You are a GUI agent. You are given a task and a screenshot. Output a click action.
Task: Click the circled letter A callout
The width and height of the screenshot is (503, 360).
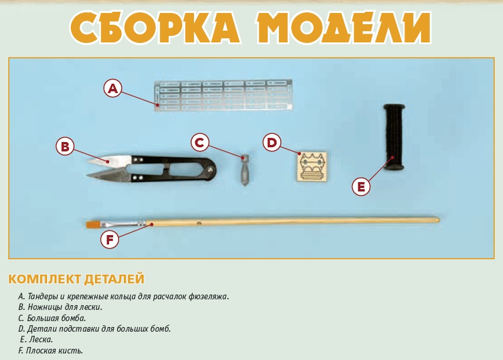(x=113, y=88)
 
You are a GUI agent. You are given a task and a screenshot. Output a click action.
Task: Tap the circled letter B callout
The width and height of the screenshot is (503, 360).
(x=65, y=147)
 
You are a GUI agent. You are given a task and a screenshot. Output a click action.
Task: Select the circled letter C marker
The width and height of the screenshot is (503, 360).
(x=200, y=143)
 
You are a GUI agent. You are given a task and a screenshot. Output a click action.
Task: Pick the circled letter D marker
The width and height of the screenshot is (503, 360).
(x=272, y=143)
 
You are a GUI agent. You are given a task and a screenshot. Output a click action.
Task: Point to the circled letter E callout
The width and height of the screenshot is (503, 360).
(x=361, y=186)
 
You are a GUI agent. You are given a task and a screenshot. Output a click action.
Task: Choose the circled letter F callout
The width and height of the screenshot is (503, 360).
(x=110, y=239)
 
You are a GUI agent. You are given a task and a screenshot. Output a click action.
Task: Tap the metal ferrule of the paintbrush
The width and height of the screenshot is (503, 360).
(x=123, y=223)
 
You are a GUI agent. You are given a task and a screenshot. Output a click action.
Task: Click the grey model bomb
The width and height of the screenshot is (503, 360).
(x=245, y=170)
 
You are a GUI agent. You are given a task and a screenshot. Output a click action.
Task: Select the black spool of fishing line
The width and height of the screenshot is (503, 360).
(x=394, y=137)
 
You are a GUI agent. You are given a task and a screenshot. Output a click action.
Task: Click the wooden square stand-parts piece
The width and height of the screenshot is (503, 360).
(x=312, y=167)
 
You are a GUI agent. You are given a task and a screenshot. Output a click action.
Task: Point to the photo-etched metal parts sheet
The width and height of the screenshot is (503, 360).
(x=223, y=95)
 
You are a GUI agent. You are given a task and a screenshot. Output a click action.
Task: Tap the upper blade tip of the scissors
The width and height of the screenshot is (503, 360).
(x=89, y=161)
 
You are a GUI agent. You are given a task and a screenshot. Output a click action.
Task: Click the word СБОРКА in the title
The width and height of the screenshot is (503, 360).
(x=155, y=28)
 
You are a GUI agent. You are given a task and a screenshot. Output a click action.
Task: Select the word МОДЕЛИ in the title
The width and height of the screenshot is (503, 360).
(x=344, y=28)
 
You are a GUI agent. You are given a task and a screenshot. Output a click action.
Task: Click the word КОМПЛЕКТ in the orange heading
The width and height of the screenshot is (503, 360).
(x=44, y=279)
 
